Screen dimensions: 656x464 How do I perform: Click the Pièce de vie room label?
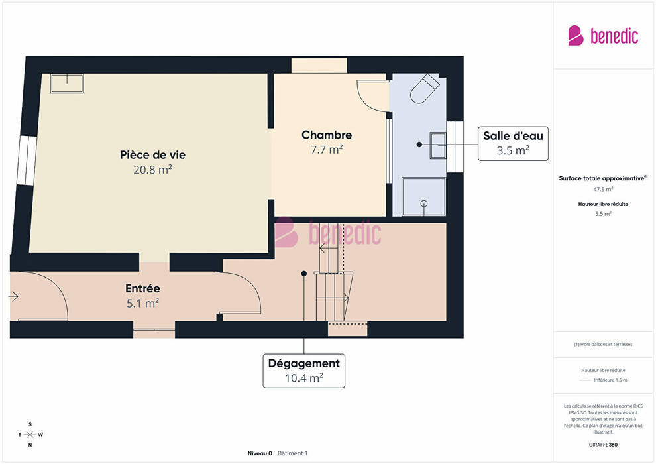click(152, 155)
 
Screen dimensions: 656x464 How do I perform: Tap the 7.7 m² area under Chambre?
click(327, 149)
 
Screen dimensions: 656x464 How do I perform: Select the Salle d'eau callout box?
click(513, 144)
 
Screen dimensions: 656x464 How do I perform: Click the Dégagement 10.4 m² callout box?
click(303, 371)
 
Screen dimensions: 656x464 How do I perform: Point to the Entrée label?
click(142, 288)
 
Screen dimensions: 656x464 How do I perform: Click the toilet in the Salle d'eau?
click(424, 89)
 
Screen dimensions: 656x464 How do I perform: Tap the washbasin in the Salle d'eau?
click(438, 145)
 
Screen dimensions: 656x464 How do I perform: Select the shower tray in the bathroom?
click(424, 197)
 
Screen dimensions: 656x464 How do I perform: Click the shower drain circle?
click(424, 203)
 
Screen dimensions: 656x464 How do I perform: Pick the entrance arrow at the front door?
click(13, 296)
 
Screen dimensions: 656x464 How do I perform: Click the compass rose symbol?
click(30, 435)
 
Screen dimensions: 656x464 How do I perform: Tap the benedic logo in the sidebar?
click(603, 36)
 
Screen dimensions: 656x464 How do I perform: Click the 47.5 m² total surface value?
click(603, 189)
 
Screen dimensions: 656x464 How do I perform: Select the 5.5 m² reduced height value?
click(603, 214)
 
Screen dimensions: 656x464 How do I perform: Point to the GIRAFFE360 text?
click(603, 445)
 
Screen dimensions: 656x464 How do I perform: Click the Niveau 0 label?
click(260, 453)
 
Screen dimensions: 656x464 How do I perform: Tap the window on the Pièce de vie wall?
click(27, 160)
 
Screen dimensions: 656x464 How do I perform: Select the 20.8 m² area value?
click(152, 170)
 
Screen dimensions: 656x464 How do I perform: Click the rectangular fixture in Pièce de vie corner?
click(67, 84)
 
